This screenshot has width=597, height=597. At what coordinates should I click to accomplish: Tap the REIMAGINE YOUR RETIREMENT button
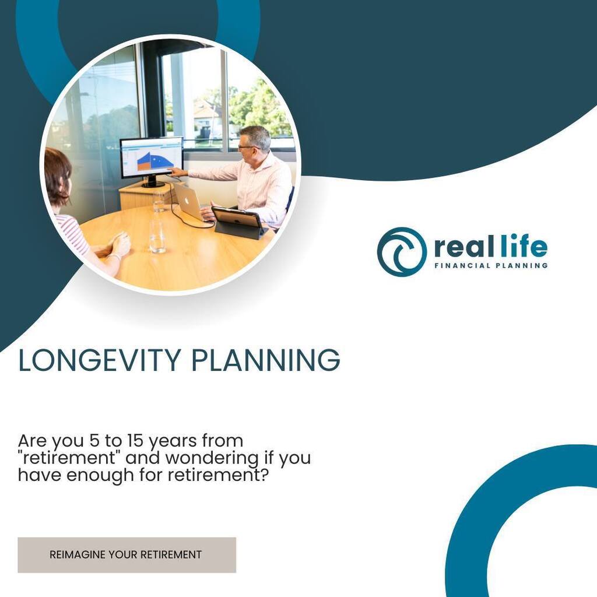127,554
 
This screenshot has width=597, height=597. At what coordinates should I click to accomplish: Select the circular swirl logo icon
401,251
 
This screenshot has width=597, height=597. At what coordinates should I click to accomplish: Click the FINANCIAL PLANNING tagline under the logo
491,266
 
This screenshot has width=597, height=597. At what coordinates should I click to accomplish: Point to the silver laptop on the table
189,201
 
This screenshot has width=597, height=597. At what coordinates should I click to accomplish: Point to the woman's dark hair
57,172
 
